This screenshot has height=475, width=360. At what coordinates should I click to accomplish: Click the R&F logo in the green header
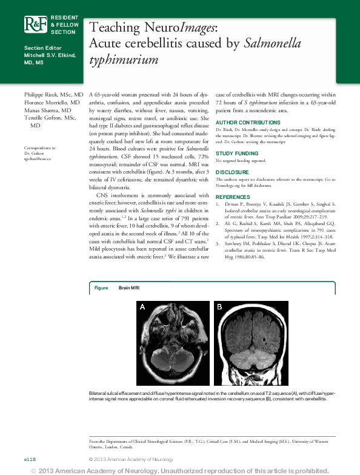point(35,24)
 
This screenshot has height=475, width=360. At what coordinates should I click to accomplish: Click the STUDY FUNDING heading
point(237,153)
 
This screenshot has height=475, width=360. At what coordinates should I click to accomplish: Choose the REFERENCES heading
point(233,197)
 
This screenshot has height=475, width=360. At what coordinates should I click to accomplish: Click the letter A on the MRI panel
point(142,307)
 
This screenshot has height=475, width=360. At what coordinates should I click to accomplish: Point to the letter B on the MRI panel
point(219,307)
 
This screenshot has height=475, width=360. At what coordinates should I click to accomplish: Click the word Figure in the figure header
point(101,288)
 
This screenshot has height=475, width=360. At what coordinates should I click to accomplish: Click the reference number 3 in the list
point(218,243)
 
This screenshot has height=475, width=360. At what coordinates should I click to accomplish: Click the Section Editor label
point(43,48)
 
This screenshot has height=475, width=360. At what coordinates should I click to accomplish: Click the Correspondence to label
point(39,147)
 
